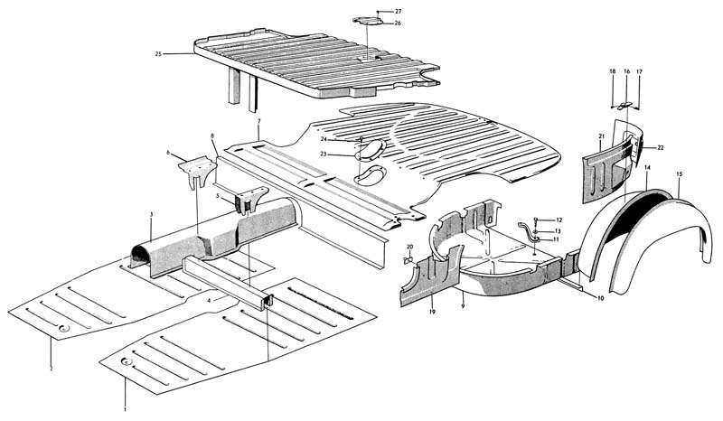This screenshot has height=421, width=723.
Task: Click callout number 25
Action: [158, 54]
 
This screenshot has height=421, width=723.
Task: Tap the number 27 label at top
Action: [397, 12]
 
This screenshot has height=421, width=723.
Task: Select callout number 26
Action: [397, 23]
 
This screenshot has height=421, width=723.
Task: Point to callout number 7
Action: [258, 121]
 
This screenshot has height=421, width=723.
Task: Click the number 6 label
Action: [168, 154]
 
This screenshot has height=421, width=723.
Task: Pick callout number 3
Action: [152, 213]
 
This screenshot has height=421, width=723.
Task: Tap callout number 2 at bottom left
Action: [52, 368]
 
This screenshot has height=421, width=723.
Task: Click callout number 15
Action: [679, 172]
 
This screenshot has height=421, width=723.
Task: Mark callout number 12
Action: [559, 220]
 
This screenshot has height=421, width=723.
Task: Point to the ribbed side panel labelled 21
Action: [604, 172]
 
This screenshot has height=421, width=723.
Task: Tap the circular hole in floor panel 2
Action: [63, 328]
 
